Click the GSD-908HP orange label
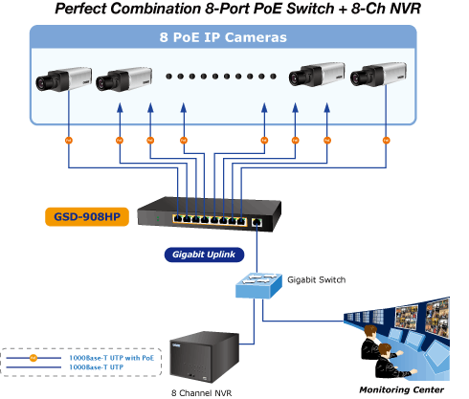(x=87, y=217)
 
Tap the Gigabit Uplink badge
(x=204, y=255)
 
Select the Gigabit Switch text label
(x=317, y=279)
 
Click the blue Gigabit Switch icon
(x=258, y=285)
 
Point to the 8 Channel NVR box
(x=205, y=357)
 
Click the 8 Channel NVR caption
(x=202, y=393)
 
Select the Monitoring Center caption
(x=402, y=389)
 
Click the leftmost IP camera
(x=64, y=79)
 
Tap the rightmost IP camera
(x=378, y=75)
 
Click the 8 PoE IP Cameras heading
(x=223, y=37)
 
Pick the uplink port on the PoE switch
(x=257, y=222)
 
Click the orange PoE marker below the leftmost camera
(x=69, y=141)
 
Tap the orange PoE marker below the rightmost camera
(x=386, y=141)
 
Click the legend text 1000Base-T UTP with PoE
(x=112, y=358)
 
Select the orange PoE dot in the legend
(x=33, y=358)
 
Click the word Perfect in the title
(x=80, y=9)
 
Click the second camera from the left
(x=124, y=79)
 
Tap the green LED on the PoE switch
(x=158, y=219)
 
